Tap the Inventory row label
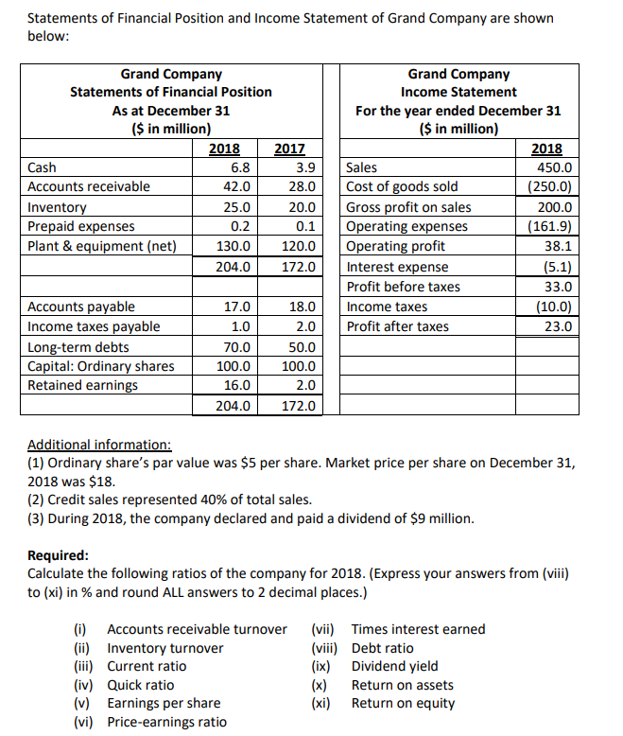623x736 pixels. pos(58,207)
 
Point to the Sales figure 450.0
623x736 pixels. pos(554,167)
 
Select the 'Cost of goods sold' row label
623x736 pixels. pos(402,187)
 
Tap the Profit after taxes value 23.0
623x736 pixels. pos(558,326)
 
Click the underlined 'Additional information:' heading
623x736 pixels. pos(99,444)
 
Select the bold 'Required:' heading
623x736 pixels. pos(59,555)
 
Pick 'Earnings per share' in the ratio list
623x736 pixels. pos(164,703)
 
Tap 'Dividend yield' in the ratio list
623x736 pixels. pos(394,666)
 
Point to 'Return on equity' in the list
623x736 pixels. pos(403,703)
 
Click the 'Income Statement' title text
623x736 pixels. pos(459,92)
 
